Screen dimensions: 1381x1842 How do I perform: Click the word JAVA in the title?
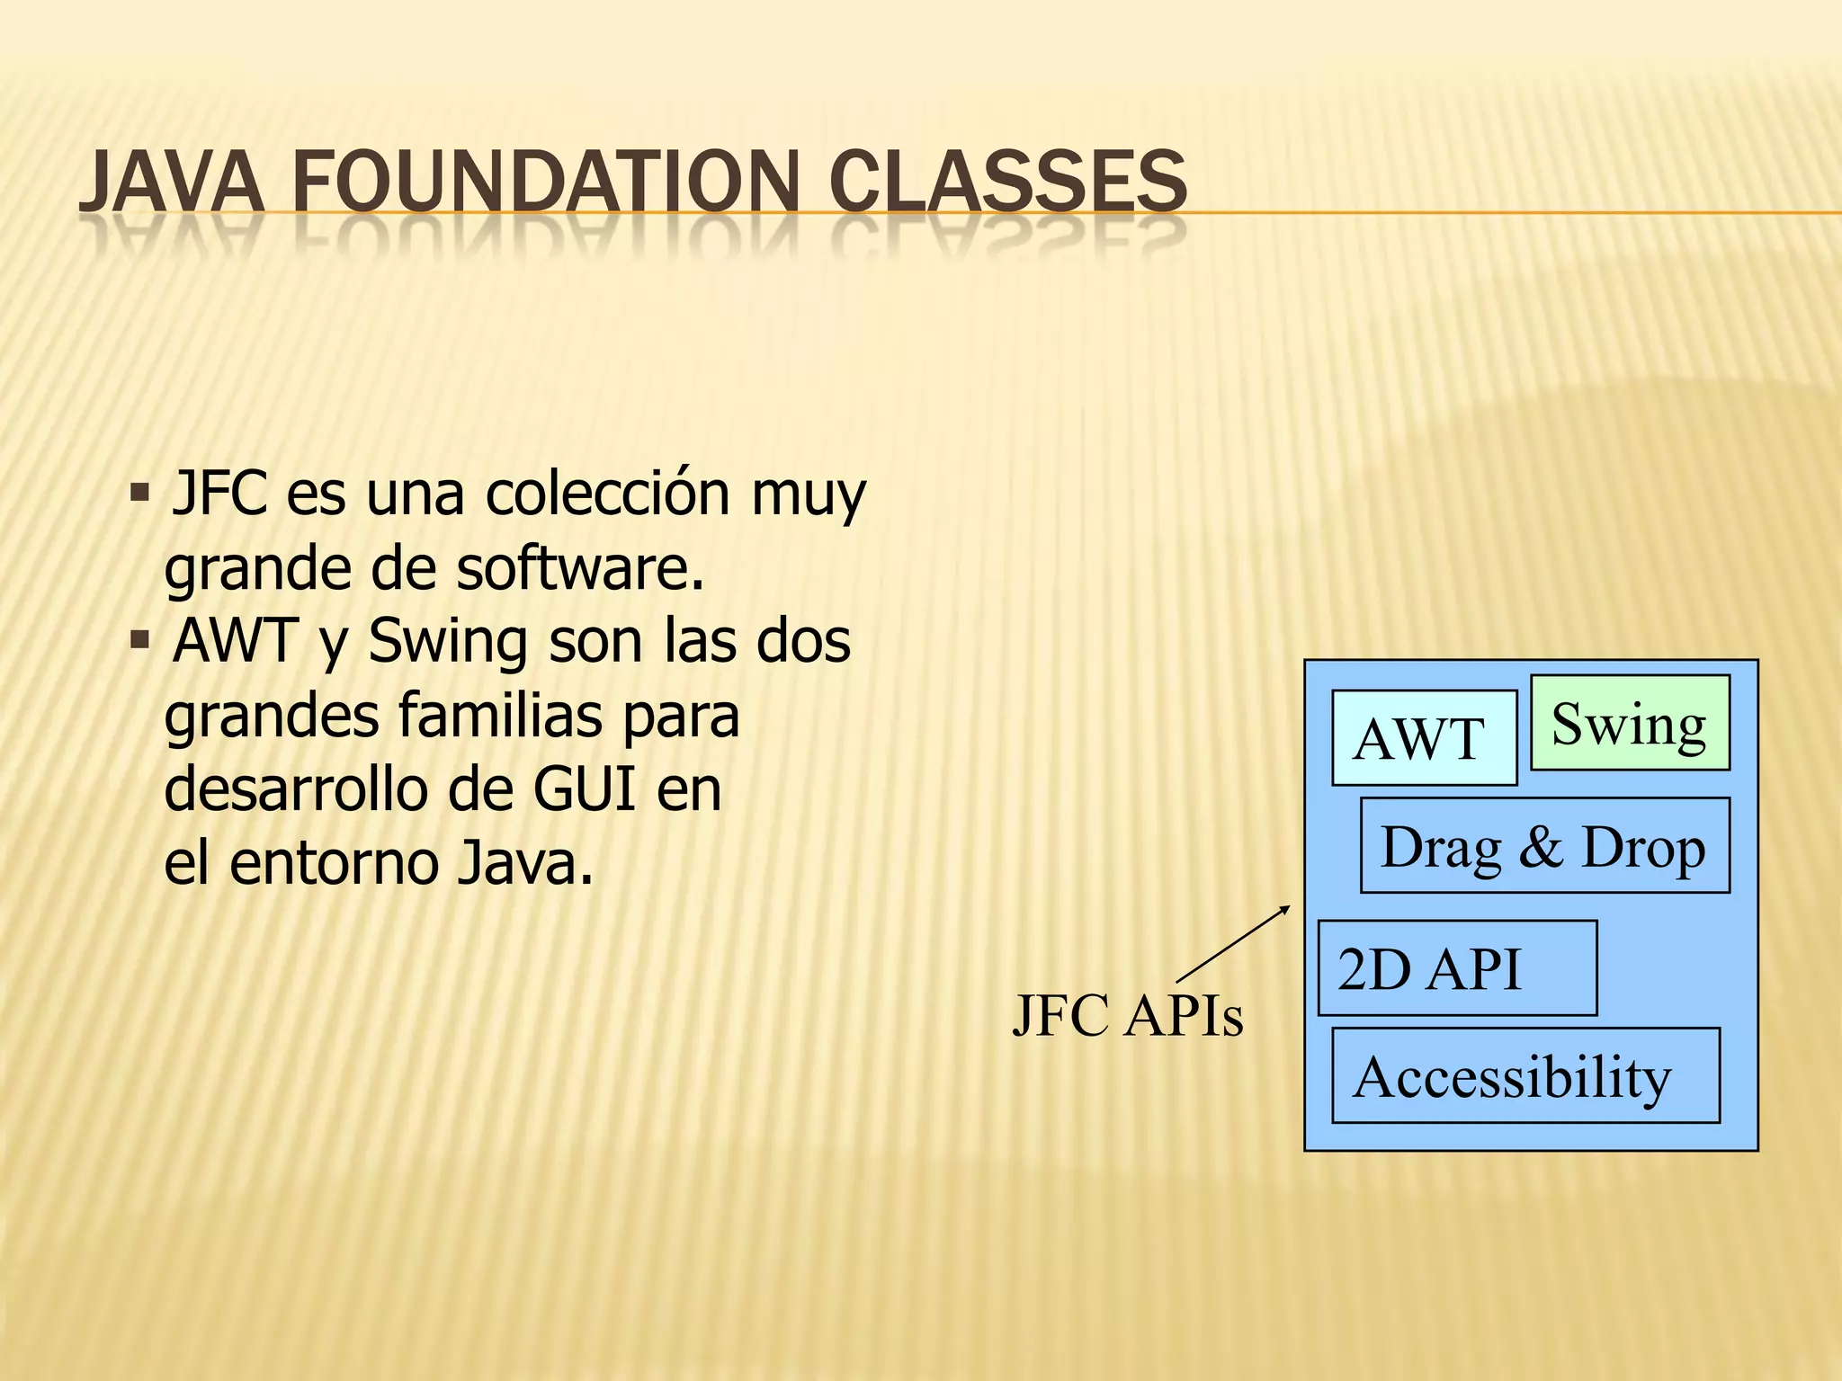click(x=171, y=182)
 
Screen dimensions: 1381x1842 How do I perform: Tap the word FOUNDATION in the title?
click(x=544, y=182)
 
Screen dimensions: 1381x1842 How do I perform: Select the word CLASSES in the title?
click(x=1007, y=182)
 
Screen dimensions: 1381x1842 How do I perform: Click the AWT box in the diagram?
click(x=1424, y=738)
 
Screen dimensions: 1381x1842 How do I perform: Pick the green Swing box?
click(x=1629, y=723)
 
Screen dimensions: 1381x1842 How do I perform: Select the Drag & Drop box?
click(x=1544, y=845)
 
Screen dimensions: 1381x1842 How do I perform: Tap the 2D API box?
click(x=1457, y=968)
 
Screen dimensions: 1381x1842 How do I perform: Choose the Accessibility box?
click(x=1525, y=1075)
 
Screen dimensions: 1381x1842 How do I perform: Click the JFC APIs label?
click(x=1128, y=1016)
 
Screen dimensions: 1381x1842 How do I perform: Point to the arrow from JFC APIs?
click(x=1232, y=945)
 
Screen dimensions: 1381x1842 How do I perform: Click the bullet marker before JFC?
click(x=139, y=494)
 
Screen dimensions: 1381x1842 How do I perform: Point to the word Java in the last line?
click(x=525, y=863)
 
